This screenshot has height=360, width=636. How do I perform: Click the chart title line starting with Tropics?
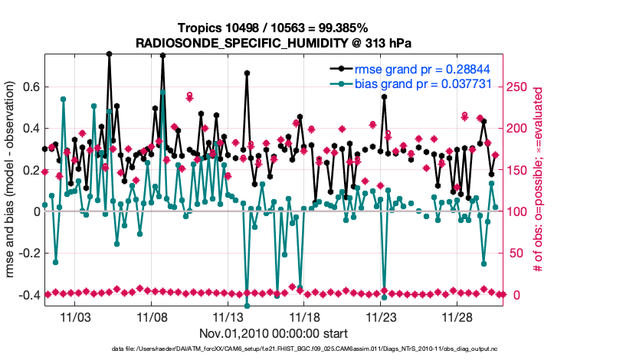(274, 28)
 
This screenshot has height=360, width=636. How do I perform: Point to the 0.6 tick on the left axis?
(31, 87)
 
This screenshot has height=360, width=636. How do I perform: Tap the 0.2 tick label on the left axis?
(31, 170)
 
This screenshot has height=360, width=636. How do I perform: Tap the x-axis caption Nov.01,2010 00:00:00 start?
(274, 333)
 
